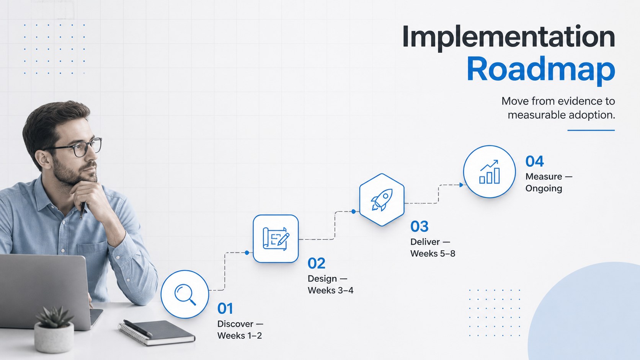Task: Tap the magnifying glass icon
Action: coord(185,294)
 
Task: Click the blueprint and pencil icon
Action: coord(276,239)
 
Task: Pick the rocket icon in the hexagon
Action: coord(382,200)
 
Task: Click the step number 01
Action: coord(225,308)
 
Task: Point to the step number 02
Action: coord(316,263)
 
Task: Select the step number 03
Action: coord(420,227)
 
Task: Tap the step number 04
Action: coord(535,161)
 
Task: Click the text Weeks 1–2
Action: coord(240,336)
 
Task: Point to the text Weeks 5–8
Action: coord(433,254)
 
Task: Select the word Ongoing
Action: coord(544,189)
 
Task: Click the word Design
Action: coord(323,279)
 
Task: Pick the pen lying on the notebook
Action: coord(138,328)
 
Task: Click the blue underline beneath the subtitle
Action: coord(591,130)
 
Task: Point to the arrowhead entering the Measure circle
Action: coord(461,185)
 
